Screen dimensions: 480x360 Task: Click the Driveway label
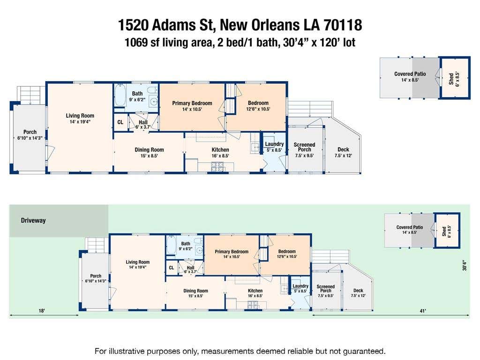point(33,220)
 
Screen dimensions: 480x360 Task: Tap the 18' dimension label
point(42,311)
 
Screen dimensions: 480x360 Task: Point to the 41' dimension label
point(423,311)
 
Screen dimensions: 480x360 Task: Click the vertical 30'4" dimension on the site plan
point(465,265)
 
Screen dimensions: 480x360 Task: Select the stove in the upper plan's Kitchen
point(217,166)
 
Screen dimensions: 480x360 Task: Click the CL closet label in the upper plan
point(120,122)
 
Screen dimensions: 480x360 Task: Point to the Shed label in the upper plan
point(451,79)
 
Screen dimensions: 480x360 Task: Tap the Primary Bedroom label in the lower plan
point(232,252)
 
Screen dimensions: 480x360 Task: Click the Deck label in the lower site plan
point(358,291)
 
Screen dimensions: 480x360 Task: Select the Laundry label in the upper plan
point(274,144)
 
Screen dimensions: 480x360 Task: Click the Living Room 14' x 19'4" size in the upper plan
point(80,121)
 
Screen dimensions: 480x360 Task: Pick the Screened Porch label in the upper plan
point(304,147)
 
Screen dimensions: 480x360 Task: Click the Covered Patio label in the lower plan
point(410,227)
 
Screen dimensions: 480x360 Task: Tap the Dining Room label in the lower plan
point(195,291)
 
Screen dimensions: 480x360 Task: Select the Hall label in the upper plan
point(143,122)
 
